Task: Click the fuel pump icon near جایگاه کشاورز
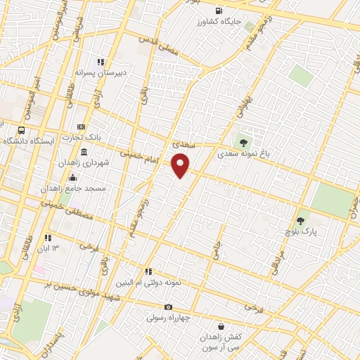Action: coord(219,11)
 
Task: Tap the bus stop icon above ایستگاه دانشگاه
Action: coord(22,130)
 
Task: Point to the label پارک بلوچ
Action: coord(304,230)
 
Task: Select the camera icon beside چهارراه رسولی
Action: coord(168,307)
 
